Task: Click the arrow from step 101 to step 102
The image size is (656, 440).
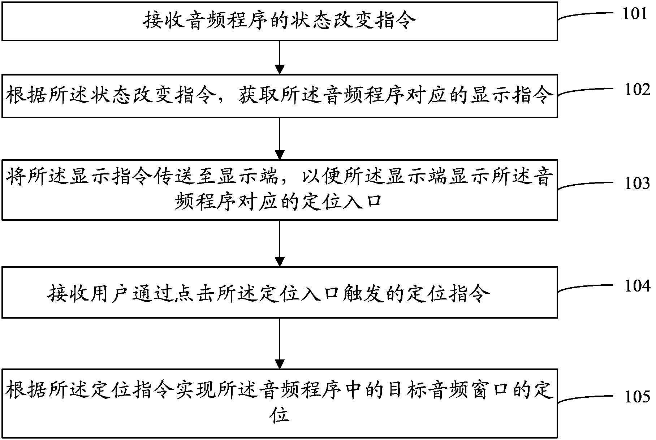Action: (x=280, y=57)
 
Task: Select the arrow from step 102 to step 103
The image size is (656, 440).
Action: (x=280, y=139)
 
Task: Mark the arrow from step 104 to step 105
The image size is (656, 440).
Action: (x=280, y=343)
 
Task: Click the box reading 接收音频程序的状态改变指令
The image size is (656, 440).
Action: (x=280, y=21)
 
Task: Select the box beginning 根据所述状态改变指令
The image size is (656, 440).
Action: (x=280, y=96)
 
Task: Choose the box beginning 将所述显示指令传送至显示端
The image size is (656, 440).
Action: (x=280, y=190)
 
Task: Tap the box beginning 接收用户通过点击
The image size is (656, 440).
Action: (x=280, y=293)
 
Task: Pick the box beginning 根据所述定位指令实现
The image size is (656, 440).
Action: (x=280, y=403)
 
